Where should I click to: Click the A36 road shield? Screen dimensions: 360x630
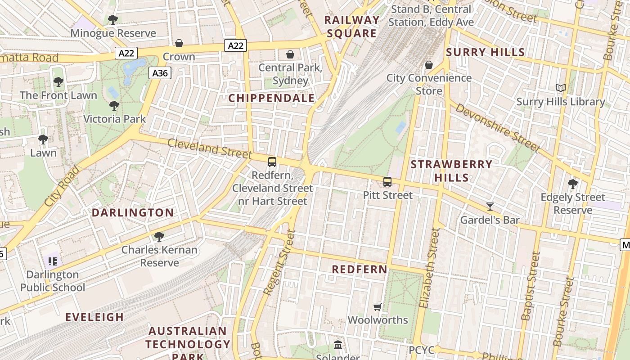point(160,73)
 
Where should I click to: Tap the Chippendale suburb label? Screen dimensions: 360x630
point(271,98)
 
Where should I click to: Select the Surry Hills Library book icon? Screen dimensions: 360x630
point(560,88)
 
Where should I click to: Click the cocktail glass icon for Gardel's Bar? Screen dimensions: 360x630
point(490,207)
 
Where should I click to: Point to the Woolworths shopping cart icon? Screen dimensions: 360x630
point(378,307)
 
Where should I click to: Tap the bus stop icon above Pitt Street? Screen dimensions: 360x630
point(387,182)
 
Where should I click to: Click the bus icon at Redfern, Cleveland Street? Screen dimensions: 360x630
point(272,162)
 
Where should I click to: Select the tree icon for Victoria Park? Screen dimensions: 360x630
point(114,106)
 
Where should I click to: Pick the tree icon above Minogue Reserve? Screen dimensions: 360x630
point(113,20)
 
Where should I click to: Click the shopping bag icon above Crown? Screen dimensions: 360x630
point(179,43)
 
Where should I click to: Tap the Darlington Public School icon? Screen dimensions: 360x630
point(53,261)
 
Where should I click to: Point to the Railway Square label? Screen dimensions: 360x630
point(351,27)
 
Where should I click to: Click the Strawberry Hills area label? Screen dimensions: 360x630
point(451,171)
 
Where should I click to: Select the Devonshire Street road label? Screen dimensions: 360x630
point(497,128)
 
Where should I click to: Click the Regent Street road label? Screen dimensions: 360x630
point(279,263)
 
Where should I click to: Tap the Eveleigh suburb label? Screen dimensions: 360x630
point(94,317)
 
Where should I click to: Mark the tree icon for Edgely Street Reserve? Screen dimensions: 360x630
point(572,184)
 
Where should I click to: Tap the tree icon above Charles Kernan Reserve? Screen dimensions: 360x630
point(159,237)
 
